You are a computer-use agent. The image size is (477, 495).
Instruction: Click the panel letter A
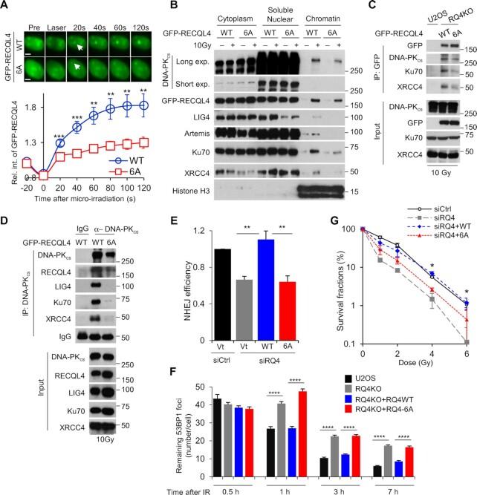point(7,7)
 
